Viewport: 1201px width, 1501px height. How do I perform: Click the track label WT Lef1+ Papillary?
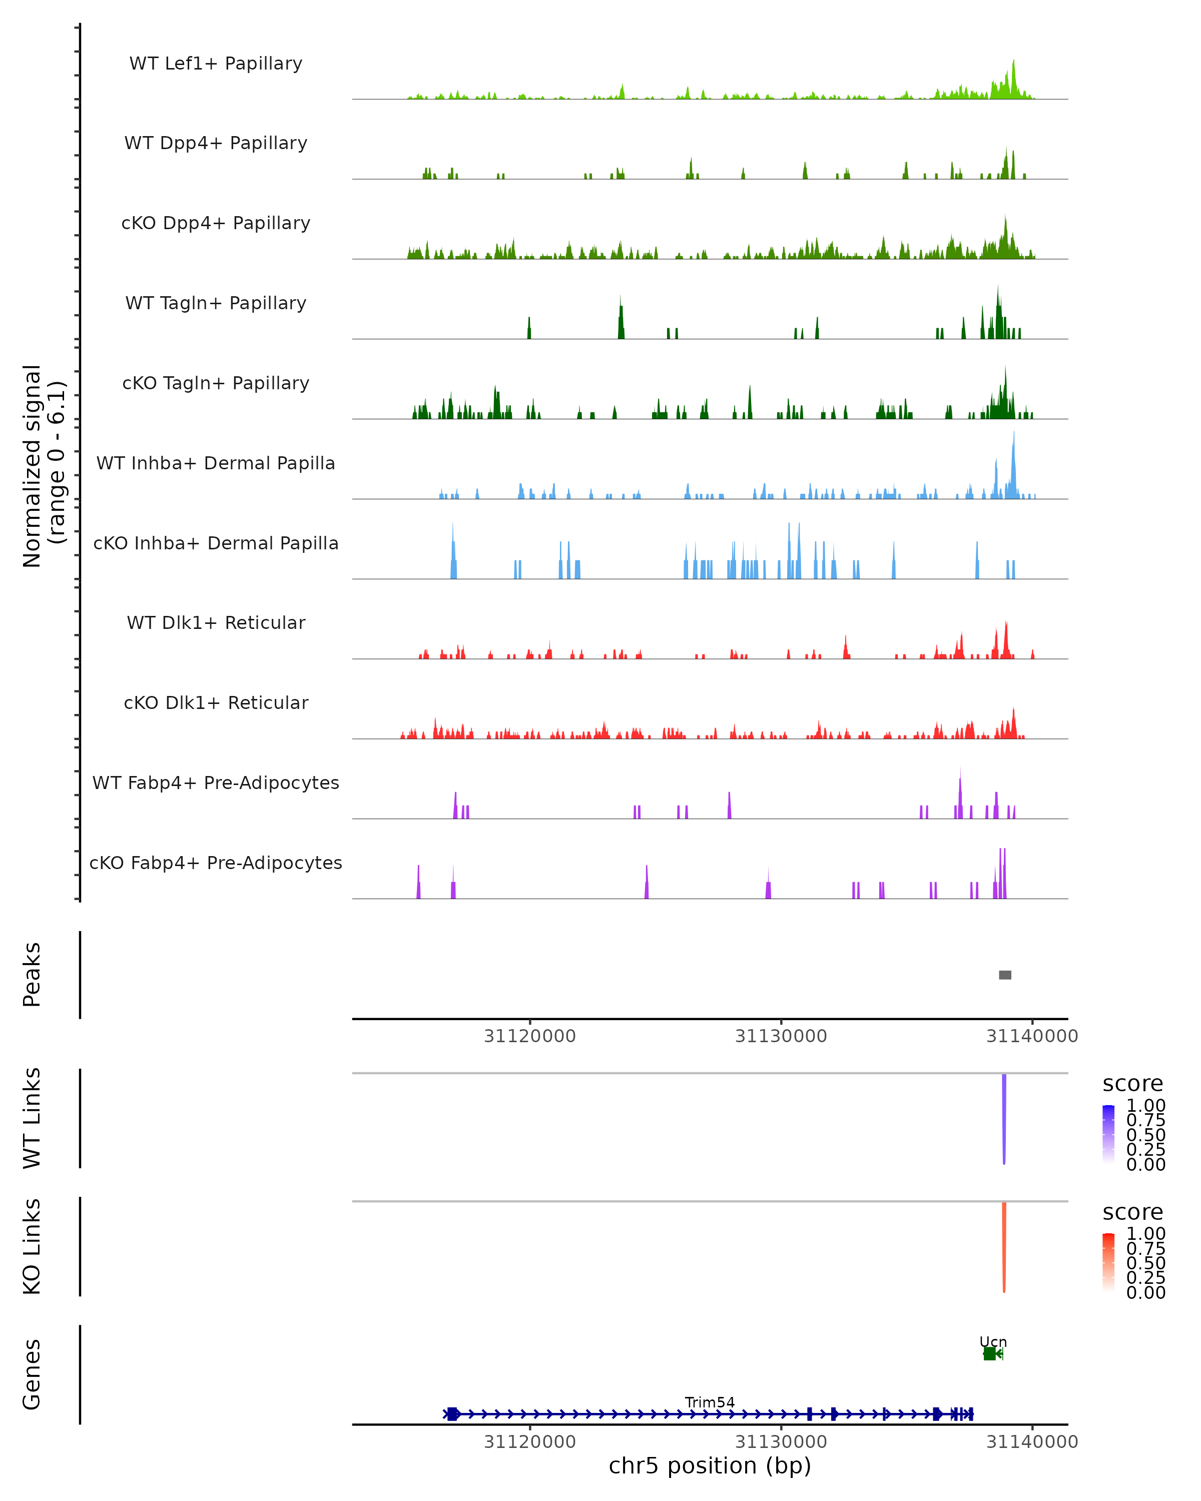(216, 64)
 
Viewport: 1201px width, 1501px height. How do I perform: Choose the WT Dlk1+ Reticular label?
(216, 622)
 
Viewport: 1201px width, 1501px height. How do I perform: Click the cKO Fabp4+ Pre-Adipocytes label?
(216, 863)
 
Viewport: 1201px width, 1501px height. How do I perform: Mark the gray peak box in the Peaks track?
(1005, 975)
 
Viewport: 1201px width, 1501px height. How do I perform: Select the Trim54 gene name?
(710, 1402)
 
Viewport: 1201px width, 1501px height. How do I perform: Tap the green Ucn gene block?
(989, 1353)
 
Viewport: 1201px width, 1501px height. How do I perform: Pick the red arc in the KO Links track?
(1004, 1246)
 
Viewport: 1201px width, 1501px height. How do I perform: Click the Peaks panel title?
(32, 975)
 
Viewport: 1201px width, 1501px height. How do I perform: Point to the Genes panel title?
(32, 1374)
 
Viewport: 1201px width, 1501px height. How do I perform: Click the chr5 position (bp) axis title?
(710, 1465)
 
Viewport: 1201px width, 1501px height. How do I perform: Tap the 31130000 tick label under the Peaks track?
(781, 1036)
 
